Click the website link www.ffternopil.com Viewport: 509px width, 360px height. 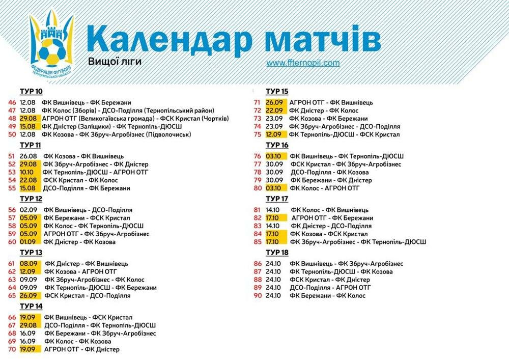coord(303,63)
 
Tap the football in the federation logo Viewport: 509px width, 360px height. coord(51,51)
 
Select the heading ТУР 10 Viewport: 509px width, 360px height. coord(31,92)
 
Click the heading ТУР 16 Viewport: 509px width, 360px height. coord(277,145)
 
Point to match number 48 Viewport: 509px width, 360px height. coord(12,119)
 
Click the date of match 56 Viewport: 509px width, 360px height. coord(28,210)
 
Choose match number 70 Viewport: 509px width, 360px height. coord(12,350)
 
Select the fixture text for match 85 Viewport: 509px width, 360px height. coord(358,242)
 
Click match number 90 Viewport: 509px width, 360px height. coord(258,296)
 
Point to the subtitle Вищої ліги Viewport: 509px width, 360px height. coord(115,62)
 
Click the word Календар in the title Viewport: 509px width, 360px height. coord(169,39)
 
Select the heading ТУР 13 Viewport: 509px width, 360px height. coord(31,253)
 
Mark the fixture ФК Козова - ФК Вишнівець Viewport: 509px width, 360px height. coord(83,156)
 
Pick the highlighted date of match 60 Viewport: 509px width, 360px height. coord(30,242)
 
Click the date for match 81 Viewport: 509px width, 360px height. coord(273,210)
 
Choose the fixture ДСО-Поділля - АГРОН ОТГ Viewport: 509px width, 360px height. coord(330,288)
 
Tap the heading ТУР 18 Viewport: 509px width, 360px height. coord(277,253)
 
